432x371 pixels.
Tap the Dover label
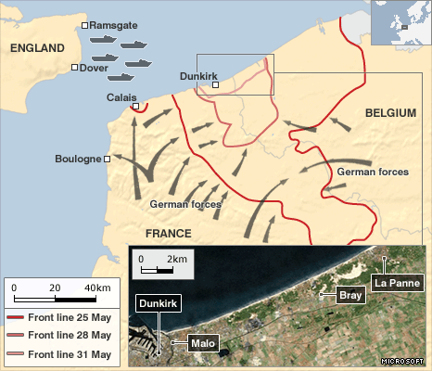pos(94,68)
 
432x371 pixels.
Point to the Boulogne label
pos(78,160)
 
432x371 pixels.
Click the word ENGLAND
pos(37,48)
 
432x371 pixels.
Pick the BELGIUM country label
pos(388,112)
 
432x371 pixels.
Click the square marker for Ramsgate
pos(85,26)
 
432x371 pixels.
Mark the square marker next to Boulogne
pos(108,160)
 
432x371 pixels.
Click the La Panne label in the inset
pos(398,281)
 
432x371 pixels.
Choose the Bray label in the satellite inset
pos(350,296)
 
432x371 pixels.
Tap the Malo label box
pos(203,344)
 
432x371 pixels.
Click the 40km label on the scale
pos(96,288)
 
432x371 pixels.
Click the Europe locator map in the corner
pos(400,22)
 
